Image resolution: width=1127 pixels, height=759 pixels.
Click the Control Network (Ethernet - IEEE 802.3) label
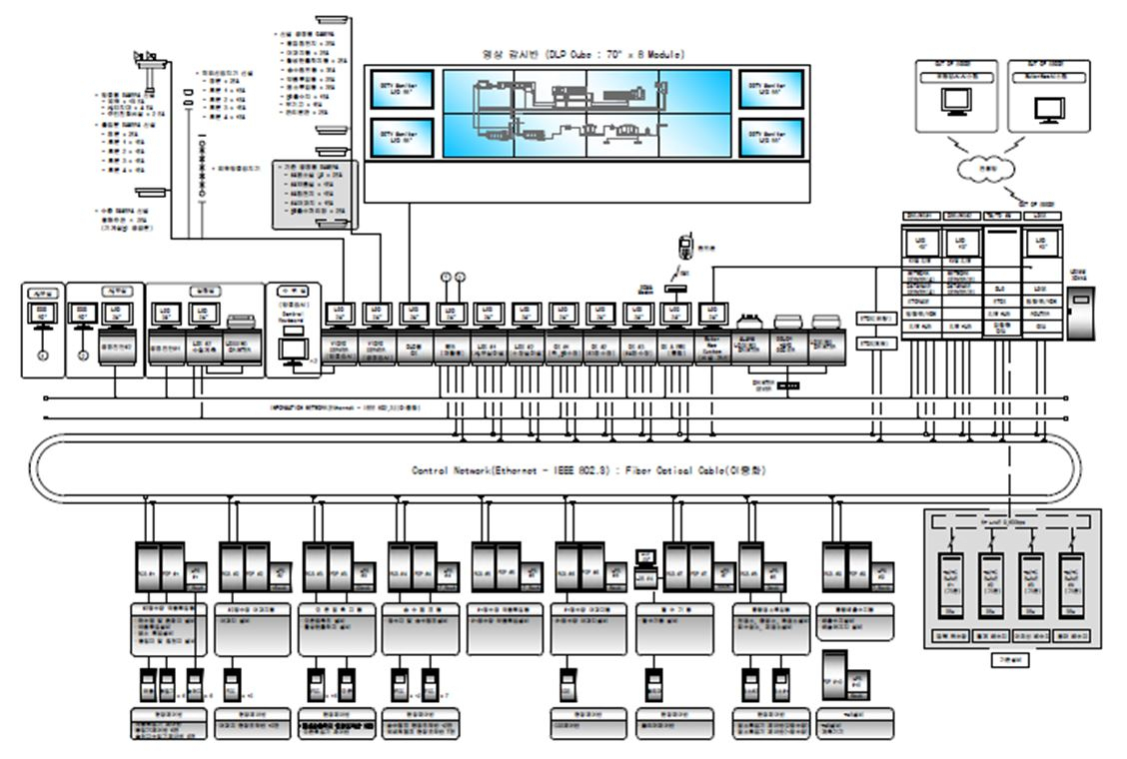(588, 469)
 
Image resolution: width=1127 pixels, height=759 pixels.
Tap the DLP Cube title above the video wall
(586, 55)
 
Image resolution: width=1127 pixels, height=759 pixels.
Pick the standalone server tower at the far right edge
(1080, 312)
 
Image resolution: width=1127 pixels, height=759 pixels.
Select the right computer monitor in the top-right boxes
(1049, 103)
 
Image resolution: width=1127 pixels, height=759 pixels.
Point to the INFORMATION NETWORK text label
(345, 407)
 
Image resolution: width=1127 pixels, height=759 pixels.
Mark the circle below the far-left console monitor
(43, 356)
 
